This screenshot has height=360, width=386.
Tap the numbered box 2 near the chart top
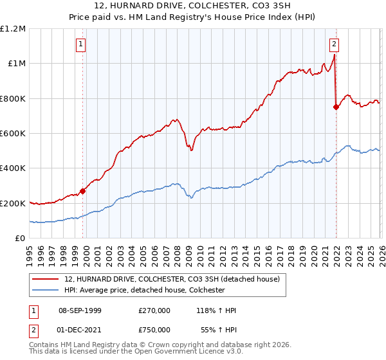[x=335, y=44]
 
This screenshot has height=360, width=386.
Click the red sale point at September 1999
[x=82, y=191]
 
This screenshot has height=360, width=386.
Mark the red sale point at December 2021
[x=336, y=107]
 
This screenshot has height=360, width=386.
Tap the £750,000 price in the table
[x=154, y=328]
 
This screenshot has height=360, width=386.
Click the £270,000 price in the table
[x=154, y=310]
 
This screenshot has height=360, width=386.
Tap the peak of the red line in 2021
[x=334, y=56]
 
